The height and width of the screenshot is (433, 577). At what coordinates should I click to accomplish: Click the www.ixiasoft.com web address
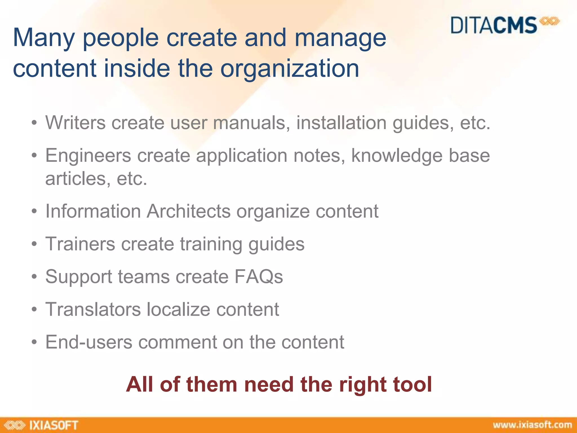pyautogui.click(x=532, y=425)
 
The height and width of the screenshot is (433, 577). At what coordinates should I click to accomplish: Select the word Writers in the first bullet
pyautogui.click(x=75, y=123)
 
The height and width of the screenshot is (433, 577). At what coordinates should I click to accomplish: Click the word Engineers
pyautogui.click(x=88, y=156)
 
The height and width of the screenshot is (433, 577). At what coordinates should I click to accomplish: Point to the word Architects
pyautogui.click(x=188, y=211)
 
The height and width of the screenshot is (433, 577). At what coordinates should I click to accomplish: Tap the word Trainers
pyautogui.click(x=80, y=244)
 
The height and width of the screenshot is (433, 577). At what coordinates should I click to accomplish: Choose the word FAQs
pyautogui.click(x=258, y=277)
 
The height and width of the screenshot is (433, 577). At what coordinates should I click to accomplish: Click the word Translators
pyautogui.click(x=93, y=309)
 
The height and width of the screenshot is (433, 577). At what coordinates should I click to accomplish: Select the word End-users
pyautogui.click(x=89, y=342)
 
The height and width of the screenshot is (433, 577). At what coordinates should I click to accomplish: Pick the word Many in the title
pyautogui.click(x=44, y=38)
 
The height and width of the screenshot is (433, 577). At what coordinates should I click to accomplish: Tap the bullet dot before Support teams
pyautogui.click(x=34, y=277)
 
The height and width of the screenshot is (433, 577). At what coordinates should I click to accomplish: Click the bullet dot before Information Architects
pyautogui.click(x=34, y=212)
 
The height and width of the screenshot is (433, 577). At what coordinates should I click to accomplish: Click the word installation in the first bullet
pyautogui.click(x=341, y=123)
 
